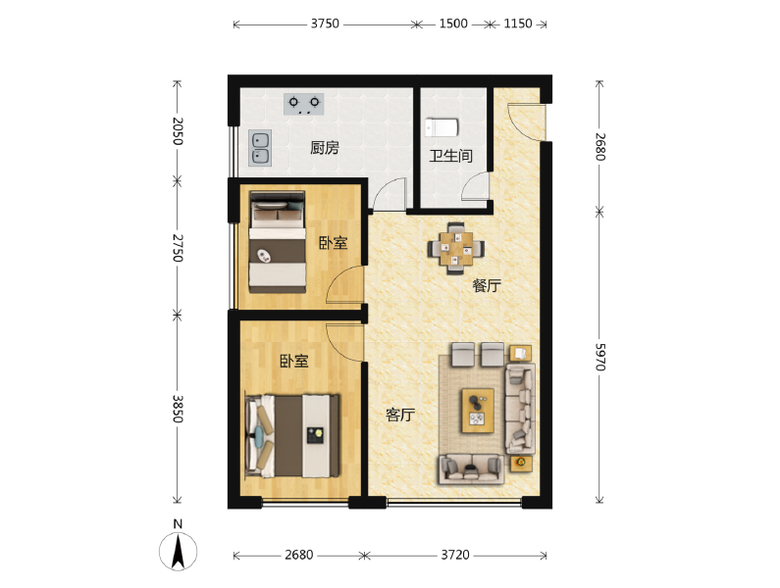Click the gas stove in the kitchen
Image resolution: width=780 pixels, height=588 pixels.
(x=304, y=105)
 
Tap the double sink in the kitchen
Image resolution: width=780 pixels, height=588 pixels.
(x=260, y=148)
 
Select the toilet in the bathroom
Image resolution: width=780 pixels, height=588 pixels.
(x=442, y=127)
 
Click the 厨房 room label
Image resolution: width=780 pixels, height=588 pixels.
(x=325, y=148)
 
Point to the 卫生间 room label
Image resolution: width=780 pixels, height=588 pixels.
(x=450, y=156)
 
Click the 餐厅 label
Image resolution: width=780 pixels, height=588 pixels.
(x=487, y=285)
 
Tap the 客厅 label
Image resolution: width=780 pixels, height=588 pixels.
(x=400, y=415)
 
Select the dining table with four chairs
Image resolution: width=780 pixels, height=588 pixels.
(x=456, y=248)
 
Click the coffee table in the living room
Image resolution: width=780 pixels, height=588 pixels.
(x=478, y=411)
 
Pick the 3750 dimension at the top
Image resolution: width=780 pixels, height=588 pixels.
(x=325, y=24)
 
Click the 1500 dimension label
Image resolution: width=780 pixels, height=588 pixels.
(x=453, y=24)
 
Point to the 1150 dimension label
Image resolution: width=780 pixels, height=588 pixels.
(x=518, y=24)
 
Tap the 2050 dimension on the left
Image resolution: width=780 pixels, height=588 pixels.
(x=178, y=131)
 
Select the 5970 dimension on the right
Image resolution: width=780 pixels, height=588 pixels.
(x=600, y=357)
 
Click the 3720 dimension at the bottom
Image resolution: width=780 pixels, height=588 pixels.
(x=455, y=555)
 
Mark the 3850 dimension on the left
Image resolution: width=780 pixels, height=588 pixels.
(x=178, y=409)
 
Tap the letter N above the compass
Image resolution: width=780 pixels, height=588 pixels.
(x=178, y=524)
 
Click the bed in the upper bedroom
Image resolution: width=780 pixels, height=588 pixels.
(x=277, y=242)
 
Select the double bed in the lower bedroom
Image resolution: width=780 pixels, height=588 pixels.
(x=293, y=436)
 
